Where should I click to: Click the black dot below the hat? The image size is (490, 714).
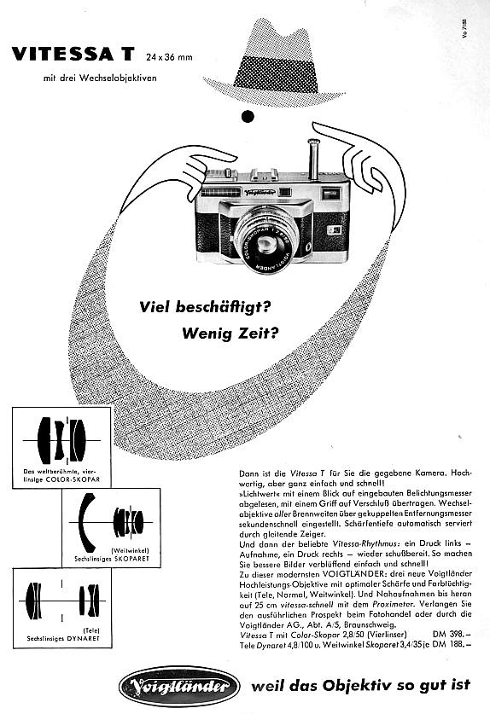tap(248, 117)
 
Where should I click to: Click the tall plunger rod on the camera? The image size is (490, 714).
tap(313, 159)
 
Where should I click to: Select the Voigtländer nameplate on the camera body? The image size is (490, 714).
tap(258, 192)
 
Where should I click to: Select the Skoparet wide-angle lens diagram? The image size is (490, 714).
tap(110, 520)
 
